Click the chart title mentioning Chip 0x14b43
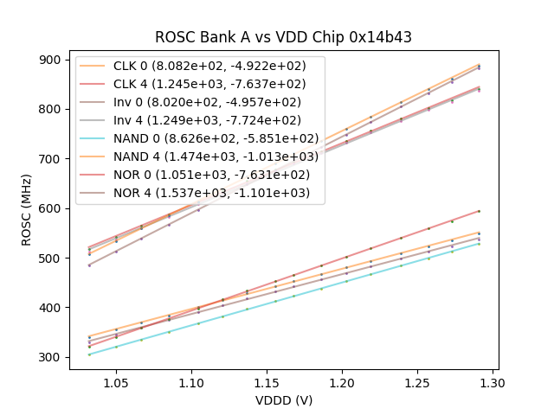(x=283, y=37)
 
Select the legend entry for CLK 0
(x=199, y=67)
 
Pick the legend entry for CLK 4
(x=199, y=85)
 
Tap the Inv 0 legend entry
(x=199, y=103)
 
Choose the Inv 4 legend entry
(x=199, y=121)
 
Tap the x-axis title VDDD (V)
(x=283, y=400)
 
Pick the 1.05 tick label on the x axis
(x=116, y=382)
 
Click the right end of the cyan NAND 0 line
(x=479, y=243)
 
